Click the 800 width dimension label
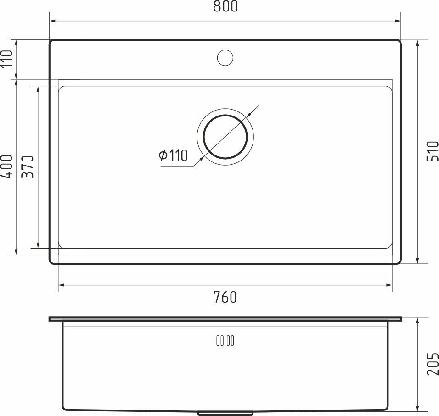[225, 7]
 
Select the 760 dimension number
[225, 297]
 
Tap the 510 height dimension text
[433, 151]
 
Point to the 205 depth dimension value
[433, 364]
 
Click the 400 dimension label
[6, 167]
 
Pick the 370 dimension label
[28, 167]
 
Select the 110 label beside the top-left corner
[6, 59]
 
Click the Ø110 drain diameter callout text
[173, 156]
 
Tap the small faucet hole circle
[225, 57]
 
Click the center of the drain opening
[225, 136]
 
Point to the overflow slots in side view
[225, 340]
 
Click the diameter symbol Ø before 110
[163, 156]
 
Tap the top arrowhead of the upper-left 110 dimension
[16, 43]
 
